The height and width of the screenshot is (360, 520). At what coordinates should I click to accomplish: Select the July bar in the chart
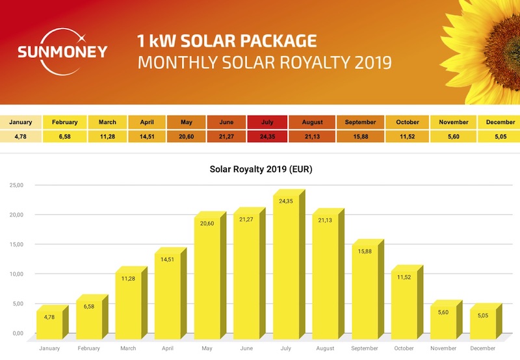pyautogui.click(x=286, y=266)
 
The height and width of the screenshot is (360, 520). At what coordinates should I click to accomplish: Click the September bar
pyautogui.click(x=364, y=290)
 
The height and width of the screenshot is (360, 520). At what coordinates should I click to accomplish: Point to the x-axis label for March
pyautogui.click(x=128, y=348)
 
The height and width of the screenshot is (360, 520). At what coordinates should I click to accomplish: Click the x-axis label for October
pyautogui.click(x=404, y=348)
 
